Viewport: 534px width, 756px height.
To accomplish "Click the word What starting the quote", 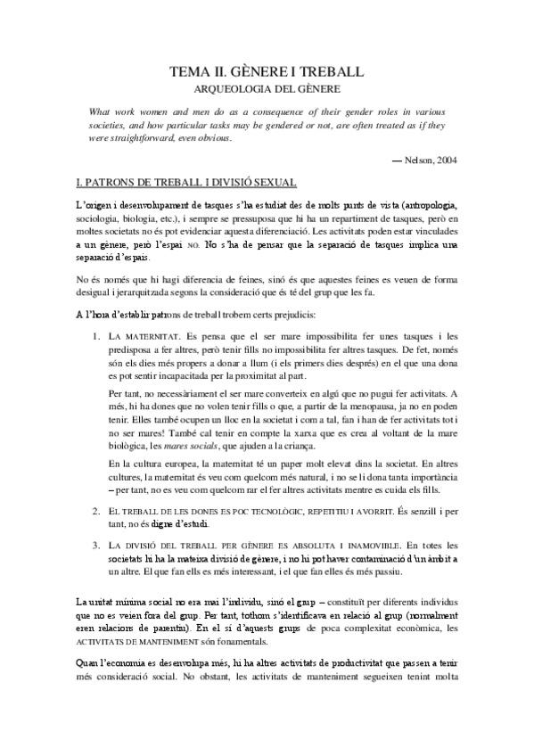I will pos(103,111).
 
